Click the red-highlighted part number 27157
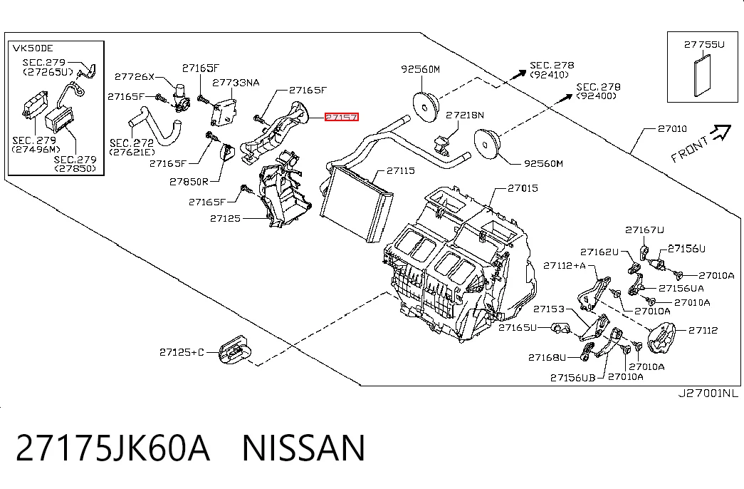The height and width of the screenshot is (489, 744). [x=342, y=117]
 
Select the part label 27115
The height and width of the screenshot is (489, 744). [x=400, y=170]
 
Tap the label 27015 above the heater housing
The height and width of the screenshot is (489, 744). [x=523, y=188]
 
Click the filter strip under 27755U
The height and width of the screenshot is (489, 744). [x=703, y=75]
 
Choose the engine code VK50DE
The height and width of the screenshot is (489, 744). [x=33, y=48]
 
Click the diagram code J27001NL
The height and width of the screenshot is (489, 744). [x=708, y=393]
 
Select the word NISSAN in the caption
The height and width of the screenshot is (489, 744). [x=304, y=448]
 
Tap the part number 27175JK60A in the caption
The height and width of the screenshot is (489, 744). [x=112, y=448]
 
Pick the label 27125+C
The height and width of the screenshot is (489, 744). [x=182, y=352]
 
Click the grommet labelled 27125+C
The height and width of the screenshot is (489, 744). [x=234, y=350]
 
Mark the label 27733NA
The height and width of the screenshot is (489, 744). [x=236, y=83]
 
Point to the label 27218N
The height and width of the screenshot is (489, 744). [x=465, y=115]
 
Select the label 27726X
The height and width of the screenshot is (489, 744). [x=135, y=76]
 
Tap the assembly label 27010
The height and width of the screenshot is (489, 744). [x=672, y=128]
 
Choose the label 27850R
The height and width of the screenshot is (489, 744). [x=189, y=182]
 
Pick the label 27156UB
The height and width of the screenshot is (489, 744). [x=572, y=378]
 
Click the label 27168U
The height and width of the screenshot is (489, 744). [x=547, y=357]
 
